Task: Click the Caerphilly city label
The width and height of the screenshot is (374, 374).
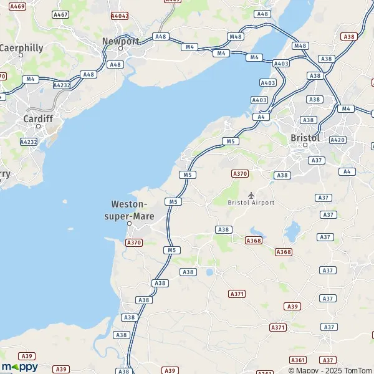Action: click(x=22, y=47)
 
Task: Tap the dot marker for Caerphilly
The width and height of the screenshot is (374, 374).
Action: click(x=21, y=55)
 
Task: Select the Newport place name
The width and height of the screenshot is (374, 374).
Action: click(x=121, y=41)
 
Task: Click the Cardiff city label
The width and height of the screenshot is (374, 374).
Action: click(x=37, y=118)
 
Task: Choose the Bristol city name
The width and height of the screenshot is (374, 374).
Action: click(x=305, y=137)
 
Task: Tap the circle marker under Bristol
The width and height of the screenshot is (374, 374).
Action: click(x=305, y=145)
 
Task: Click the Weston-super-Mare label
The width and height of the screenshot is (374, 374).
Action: click(x=129, y=209)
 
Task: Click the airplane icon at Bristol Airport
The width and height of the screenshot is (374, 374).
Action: click(x=251, y=195)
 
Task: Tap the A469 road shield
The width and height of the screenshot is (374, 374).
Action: click(x=18, y=6)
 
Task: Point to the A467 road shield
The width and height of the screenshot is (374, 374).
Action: click(x=60, y=14)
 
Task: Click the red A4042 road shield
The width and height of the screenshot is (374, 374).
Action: click(x=119, y=15)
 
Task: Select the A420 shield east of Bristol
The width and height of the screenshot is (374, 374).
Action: click(x=337, y=140)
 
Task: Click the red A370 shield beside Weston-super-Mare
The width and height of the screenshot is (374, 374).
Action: click(x=133, y=242)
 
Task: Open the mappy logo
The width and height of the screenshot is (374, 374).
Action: click(x=19, y=367)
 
